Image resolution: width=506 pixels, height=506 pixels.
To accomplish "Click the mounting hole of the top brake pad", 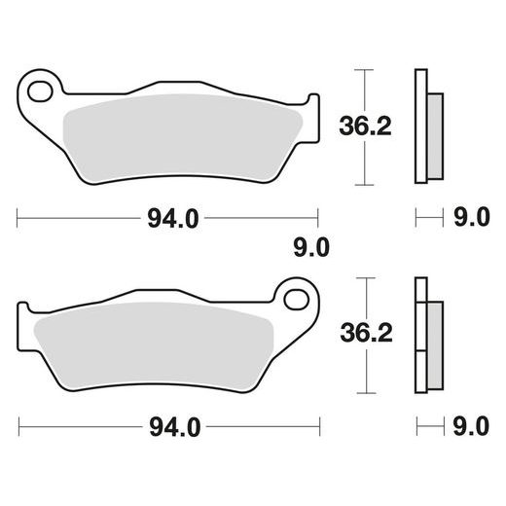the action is [x=40, y=91].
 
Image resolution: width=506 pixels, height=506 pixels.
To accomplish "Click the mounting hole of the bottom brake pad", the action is [x=296, y=300].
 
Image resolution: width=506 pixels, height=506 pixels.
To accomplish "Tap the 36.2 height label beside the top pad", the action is [x=365, y=126].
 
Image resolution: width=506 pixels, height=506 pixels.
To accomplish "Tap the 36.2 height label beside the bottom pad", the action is [x=367, y=333].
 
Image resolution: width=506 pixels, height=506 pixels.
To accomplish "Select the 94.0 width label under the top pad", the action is [x=173, y=219].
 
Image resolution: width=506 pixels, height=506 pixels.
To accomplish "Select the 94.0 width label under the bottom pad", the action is [x=175, y=427].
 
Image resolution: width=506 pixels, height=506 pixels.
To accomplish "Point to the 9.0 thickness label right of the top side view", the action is [x=471, y=217].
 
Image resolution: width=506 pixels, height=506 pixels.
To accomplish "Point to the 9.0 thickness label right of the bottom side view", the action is [x=471, y=426].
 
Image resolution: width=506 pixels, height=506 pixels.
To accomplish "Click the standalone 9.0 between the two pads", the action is [x=311, y=247].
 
